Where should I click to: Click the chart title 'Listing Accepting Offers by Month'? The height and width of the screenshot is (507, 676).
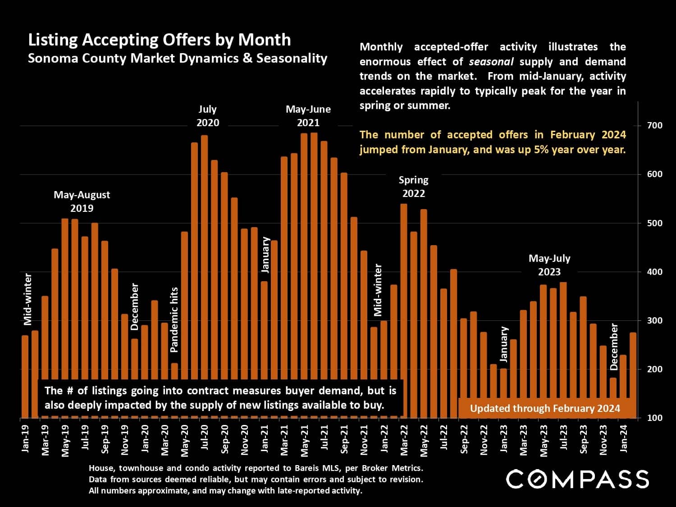pyautogui.click(x=159, y=40)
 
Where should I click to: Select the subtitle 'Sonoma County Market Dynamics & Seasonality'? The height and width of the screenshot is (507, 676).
pyautogui.click(x=178, y=59)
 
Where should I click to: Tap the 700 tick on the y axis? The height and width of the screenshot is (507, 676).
pyautogui.click(x=654, y=125)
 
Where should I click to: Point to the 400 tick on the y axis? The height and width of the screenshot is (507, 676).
pyautogui.click(x=654, y=272)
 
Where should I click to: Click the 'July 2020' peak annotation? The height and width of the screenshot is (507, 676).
pyautogui.click(x=208, y=116)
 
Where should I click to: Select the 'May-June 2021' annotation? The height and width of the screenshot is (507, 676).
pyautogui.click(x=308, y=116)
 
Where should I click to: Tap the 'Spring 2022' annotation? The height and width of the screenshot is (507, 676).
pyautogui.click(x=413, y=187)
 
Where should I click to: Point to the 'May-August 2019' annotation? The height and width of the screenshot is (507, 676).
pyautogui.click(x=82, y=201)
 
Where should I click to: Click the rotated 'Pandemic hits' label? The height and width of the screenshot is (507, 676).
pyautogui.click(x=174, y=320)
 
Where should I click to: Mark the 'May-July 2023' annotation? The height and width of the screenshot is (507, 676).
pyautogui.click(x=549, y=265)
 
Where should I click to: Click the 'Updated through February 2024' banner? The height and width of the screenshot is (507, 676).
pyautogui.click(x=545, y=408)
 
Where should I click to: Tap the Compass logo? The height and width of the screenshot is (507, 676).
pyautogui.click(x=577, y=479)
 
